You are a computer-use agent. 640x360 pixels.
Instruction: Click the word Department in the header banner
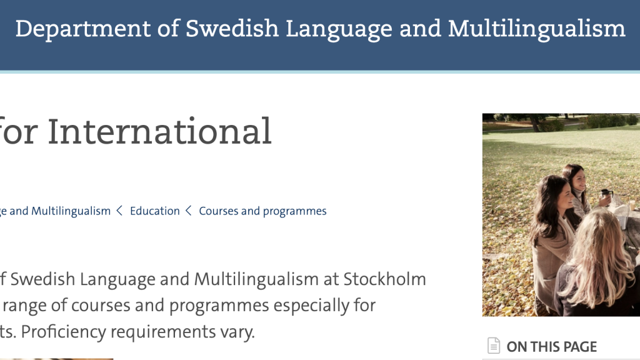[x=83, y=29]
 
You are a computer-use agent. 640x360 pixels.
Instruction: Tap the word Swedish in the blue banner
[x=232, y=29]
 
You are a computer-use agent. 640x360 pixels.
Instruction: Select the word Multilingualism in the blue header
[x=537, y=29]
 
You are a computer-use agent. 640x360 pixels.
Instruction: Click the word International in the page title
[x=159, y=131]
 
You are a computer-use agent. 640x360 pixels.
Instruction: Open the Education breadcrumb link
[x=155, y=211]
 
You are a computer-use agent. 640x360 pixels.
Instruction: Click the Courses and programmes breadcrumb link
[x=262, y=211]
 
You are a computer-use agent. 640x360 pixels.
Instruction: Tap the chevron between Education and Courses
[x=189, y=211]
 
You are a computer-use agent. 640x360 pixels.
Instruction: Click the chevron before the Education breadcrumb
[x=119, y=211]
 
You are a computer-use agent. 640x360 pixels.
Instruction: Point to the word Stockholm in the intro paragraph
[x=384, y=279]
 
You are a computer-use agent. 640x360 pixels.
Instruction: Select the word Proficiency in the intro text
[x=63, y=331]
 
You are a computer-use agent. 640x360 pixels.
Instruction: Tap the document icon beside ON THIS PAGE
[x=494, y=346]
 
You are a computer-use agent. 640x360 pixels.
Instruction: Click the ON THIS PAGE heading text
[x=551, y=347]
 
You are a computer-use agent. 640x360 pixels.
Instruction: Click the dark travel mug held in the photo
[x=607, y=194]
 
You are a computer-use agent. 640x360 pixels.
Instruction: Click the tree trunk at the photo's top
[x=534, y=123]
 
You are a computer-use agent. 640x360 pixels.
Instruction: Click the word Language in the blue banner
[x=339, y=29]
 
